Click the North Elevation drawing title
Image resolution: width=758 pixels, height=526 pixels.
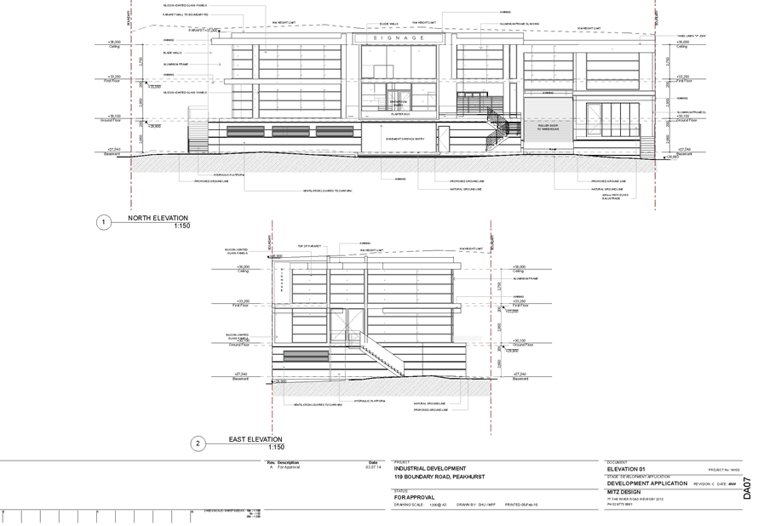pos(159,219)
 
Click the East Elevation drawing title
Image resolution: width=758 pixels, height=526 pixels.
pos(255,439)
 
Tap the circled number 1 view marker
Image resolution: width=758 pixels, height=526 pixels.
pos(102,223)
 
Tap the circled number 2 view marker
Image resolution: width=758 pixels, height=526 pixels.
pos(198,443)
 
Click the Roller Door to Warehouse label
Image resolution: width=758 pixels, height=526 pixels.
pos(548,128)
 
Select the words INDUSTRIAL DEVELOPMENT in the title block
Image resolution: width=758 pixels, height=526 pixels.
pos(430,468)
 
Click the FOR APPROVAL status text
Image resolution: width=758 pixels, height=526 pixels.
pos(414,496)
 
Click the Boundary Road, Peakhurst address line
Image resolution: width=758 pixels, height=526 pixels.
pos(439,477)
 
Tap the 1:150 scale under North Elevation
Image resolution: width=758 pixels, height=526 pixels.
pos(182,226)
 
